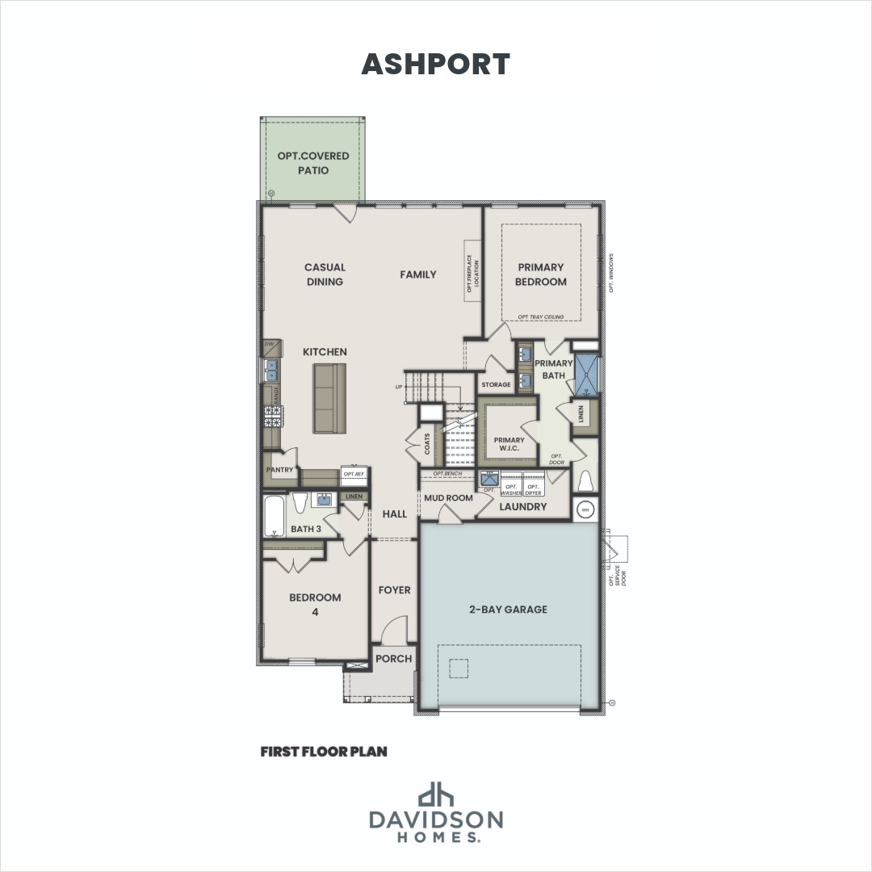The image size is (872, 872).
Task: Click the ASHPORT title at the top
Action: pos(435,64)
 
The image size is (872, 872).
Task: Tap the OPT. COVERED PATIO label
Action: pos(313,162)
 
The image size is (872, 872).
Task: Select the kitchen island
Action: pos(329,397)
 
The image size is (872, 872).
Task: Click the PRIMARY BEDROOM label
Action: pos(541,275)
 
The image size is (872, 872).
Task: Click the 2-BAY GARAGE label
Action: pos(509,610)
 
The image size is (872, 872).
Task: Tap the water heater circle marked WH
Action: pos(585,509)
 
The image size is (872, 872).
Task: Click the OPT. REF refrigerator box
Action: pos(354,475)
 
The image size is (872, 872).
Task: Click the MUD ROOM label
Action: pos(448,498)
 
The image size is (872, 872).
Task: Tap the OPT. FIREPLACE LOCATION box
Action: pos(472,270)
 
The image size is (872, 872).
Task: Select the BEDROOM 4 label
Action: pos(315,605)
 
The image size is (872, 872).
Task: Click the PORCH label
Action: pos(394,658)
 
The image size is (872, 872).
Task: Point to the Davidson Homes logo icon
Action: pos(436,794)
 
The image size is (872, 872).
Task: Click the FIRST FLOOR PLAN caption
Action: pos(324,752)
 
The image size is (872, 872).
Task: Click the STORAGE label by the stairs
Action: pos(496,384)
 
